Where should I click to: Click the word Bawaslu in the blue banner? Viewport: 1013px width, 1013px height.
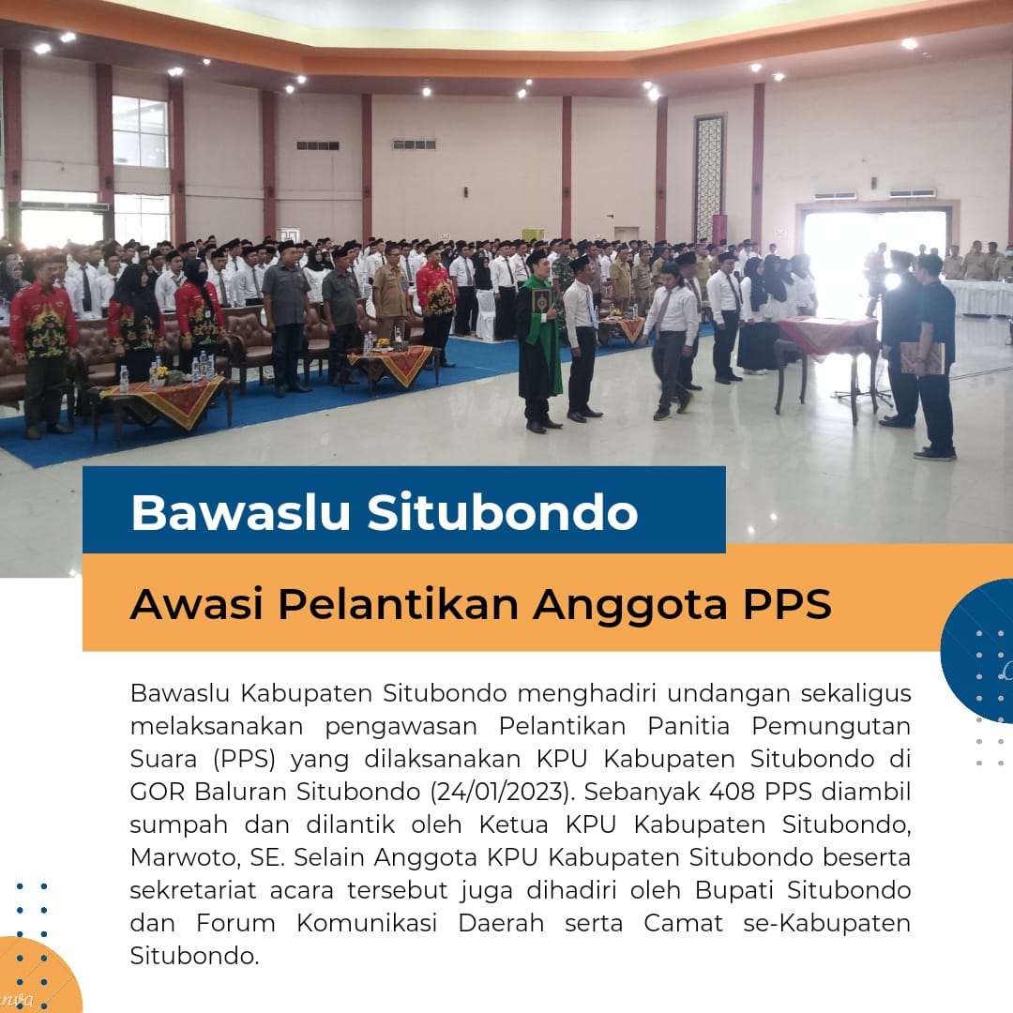pyautogui.click(x=240, y=512)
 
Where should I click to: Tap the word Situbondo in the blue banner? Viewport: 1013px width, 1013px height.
pyautogui.click(x=503, y=512)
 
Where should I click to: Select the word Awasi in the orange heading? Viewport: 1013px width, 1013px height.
pyautogui.click(x=196, y=604)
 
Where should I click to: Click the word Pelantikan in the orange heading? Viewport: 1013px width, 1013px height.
pyautogui.click(x=398, y=604)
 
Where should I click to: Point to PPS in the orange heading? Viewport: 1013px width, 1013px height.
pyautogui.click(x=787, y=604)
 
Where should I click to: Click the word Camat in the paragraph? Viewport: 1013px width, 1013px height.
pyautogui.click(x=683, y=923)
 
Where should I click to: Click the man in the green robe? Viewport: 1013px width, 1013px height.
pyautogui.click(x=538, y=340)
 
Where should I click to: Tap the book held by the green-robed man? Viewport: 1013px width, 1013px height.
pyautogui.click(x=541, y=301)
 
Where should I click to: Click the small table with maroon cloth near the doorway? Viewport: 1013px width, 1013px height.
pyautogui.click(x=827, y=362)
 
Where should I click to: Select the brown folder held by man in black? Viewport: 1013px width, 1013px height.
pyautogui.click(x=922, y=358)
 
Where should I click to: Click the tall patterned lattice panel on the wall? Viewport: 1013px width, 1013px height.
pyautogui.click(x=709, y=178)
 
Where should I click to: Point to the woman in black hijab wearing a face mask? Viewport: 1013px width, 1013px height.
pyautogui.click(x=198, y=314)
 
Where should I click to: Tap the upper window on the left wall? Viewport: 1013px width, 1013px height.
pyautogui.click(x=140, y=132)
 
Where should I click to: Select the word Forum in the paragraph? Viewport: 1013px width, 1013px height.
pyautogui.click(x=235, y=923)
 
